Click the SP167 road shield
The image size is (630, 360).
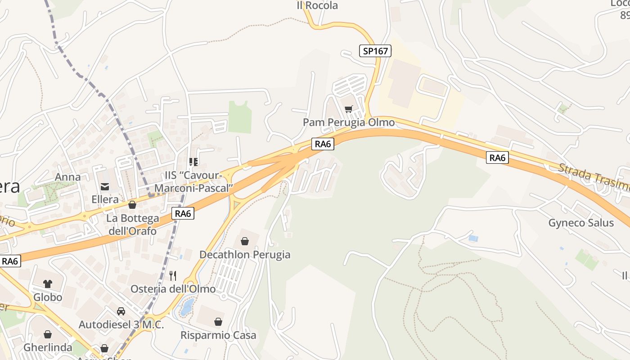click(x=375, y=51)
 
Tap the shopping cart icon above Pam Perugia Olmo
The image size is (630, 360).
click(x=349, y=109)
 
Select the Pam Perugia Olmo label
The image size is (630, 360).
click(x=349, y=122)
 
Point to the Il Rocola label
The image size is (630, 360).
click(x=317, y=6)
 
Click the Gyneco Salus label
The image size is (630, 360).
click(x=581, y=223)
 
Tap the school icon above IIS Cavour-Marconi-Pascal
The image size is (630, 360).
click(x=193, y=162)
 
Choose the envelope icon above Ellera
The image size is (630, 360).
click(x=105, y=186)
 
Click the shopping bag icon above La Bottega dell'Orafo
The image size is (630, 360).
click(x=132, y=205)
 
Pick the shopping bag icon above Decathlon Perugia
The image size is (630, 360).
click(x=245, y=242)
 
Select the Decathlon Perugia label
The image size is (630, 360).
click(x=245, y=255)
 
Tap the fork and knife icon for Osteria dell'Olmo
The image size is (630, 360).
click(x=173, y=275)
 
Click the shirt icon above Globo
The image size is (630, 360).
click(x=48, y=284)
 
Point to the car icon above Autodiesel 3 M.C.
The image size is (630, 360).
click(x=121, y=311)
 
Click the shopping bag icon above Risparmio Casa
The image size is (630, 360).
click(x=218, y=322)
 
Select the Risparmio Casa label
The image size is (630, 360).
click(x=218, y=335)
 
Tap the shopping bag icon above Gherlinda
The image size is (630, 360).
click(x=48, y=334)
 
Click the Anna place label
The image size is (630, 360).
click(x=68, y=177)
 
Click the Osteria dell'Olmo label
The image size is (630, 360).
click(x=173, y=289)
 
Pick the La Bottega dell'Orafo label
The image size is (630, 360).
click(x=132, y=225)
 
